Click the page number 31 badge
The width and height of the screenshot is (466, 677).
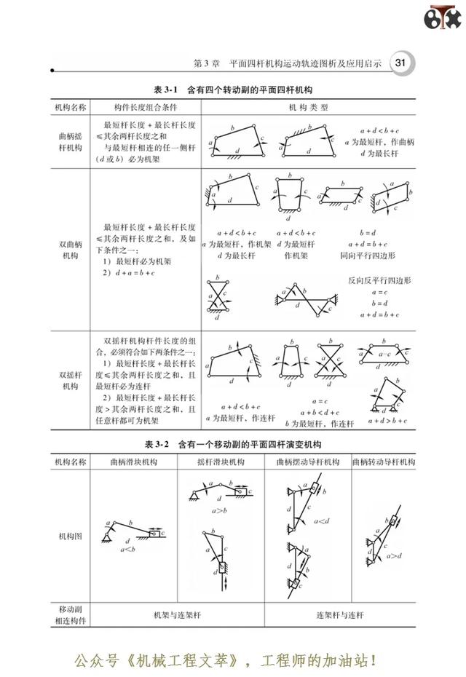[x=400, y=63]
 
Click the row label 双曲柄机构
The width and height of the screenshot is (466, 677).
[x=71, y=250]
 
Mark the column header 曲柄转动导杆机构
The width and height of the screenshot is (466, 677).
[x=383, y=462]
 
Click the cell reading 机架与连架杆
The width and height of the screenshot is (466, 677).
[x=177, y=614]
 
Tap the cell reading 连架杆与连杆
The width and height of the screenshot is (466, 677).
[x=340, y=614]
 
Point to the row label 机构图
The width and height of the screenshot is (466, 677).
[x=71, y=535]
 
